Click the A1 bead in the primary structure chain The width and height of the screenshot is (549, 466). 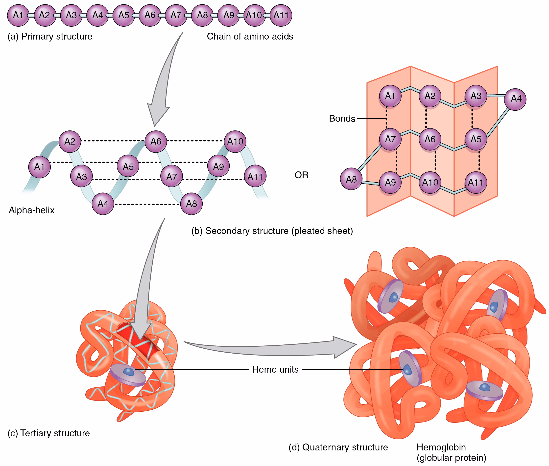[x=18, y=15]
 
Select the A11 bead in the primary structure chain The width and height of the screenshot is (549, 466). [x=281, y=15]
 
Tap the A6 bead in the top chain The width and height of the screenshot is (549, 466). [x=150, y=15]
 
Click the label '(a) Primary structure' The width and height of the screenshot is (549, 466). [x=50, y=37]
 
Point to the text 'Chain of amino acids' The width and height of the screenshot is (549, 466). [x=250, y=37]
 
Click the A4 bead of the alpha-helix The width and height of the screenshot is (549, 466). [x=103, y=204]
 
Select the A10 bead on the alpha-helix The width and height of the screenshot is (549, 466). [x=235, y=142]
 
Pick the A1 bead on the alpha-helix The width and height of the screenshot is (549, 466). [x=39, y=167]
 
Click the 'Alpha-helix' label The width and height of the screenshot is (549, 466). [x=31, y=210]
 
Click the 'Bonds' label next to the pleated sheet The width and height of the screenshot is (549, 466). [x=342, y=119]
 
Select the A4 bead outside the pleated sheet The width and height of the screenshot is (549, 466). [x=515, y=99]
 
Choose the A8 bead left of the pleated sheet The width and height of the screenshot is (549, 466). [x=351, y=179]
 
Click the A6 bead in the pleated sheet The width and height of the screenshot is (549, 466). [x=430, y=139]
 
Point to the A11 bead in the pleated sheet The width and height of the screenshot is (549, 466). [x=476, y=183]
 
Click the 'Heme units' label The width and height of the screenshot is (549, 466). [x=275, y=369]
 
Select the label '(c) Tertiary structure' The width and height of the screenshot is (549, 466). [x=49, y=433]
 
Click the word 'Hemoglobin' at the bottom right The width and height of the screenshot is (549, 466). [x=441, y=447]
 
